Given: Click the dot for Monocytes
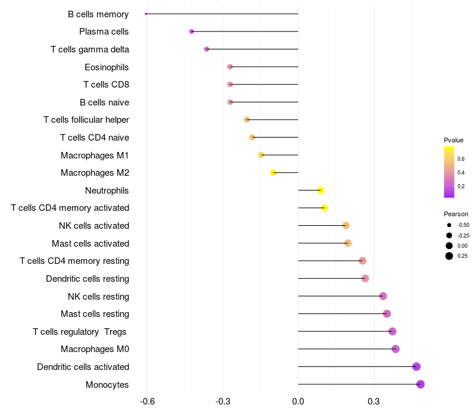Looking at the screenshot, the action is click(420, 384).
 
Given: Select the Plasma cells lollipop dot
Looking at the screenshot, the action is click(192, 32).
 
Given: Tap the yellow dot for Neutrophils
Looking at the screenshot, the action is click(321, 190).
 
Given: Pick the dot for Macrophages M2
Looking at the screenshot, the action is click(273, 173).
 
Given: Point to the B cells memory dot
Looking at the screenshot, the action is click(146, 14).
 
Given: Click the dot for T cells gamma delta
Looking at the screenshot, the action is click(206, 49).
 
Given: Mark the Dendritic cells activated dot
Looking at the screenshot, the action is click(416, 367).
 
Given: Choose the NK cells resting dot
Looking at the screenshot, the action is click(383, 296).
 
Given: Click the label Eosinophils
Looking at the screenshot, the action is click(107, 67).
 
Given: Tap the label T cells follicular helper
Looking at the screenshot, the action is click(86, 120).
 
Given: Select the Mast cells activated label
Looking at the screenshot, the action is click(90, 244).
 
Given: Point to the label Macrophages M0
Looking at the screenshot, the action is click(95, 349).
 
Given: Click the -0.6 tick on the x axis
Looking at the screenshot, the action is click(147, 402).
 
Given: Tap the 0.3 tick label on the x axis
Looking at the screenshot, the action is click(374, 402).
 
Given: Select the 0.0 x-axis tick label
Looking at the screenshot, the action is click(298, 402).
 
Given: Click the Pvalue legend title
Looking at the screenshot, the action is click(453, 140).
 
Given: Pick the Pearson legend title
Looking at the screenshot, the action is click(456, 214).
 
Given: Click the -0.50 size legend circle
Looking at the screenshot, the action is click(449, 225).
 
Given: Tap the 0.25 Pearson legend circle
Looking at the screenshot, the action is click(449, 256).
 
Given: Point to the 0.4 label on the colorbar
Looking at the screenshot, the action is click(461, 173).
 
